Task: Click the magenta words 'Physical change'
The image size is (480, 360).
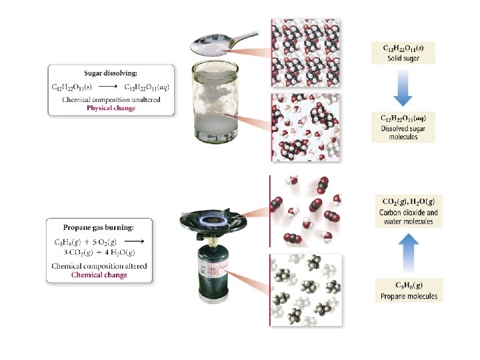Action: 111,108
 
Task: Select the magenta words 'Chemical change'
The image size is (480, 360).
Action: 99,275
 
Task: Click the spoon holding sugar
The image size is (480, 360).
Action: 219,43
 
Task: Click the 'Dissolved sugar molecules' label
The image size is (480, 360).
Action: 403,132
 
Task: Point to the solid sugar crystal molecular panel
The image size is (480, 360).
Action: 305,53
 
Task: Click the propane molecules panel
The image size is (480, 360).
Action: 305,290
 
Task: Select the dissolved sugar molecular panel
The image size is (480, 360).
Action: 305,127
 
